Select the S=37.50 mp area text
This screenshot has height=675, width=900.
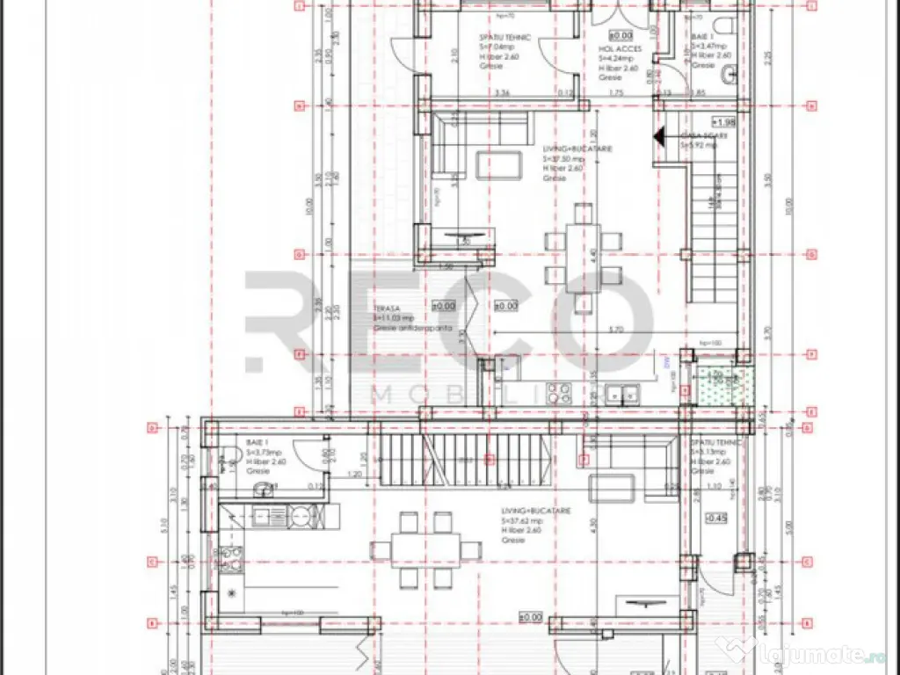(565, 159)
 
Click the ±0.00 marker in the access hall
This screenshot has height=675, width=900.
(621, 35)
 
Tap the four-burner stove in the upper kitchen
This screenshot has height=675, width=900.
(559, 390)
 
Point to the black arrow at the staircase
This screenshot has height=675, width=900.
(658, 135)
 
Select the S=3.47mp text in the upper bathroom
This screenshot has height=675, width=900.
(708, 45)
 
